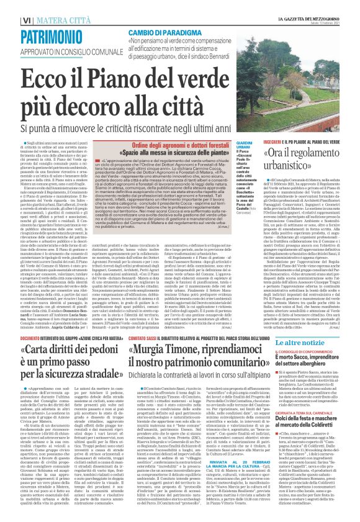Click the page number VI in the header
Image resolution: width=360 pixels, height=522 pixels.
click(11, 6)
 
